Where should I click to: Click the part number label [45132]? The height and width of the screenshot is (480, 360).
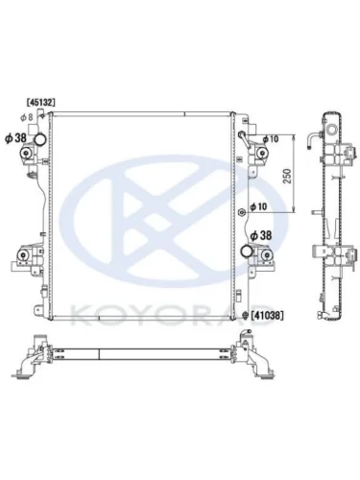click(x=40, y=102)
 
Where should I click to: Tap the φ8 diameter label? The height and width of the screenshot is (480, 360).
click(x=27, y=117)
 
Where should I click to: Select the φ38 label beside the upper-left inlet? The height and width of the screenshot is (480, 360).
click(x=15, y=138)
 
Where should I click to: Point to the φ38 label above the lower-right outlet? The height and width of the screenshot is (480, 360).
click(x=261, y=236)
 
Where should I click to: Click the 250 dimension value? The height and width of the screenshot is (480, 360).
click(x=288, y=176)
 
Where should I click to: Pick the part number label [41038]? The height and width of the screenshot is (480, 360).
click(x=267, y=316)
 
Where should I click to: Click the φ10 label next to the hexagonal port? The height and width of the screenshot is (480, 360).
click(x=258, y=207)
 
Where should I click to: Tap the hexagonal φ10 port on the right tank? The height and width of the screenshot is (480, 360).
click(x=242, y=212)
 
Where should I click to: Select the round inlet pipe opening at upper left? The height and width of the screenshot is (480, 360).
click(x=40, y=139)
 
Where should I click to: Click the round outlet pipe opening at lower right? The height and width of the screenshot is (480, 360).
click(x=248, y=251)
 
